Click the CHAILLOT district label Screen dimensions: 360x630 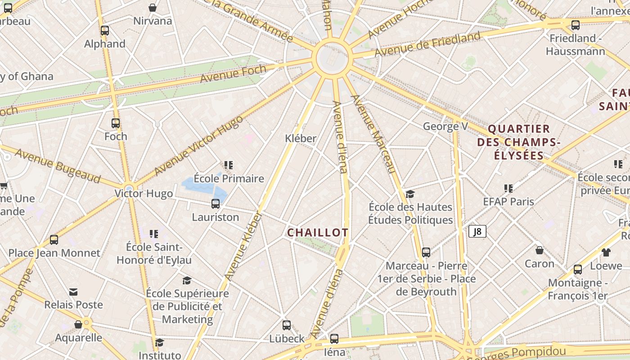coord(318,233)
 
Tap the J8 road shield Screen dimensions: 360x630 coord(477,231)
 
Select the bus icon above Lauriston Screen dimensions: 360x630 coord(216,204)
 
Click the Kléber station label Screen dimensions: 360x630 coord(301,139)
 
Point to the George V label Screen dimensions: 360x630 coord(445,126)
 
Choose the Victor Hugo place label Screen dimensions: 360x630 coord(144,194)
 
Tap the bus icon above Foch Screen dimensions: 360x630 coord(116,123)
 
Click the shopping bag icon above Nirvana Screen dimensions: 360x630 coord(153,8)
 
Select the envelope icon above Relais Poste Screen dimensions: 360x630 coord(73,292)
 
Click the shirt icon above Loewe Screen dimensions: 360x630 coord(606,252)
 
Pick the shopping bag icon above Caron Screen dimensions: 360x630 coord(540,250)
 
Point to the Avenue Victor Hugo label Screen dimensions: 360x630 coord(198,145)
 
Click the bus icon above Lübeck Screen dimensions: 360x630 coord(287,325)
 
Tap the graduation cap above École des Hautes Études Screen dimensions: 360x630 coord(410,194)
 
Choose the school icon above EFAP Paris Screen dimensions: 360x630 coord(508,188)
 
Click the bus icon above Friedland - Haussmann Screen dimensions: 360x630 coord(575,25)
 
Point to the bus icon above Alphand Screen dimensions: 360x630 coord(105,31)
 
